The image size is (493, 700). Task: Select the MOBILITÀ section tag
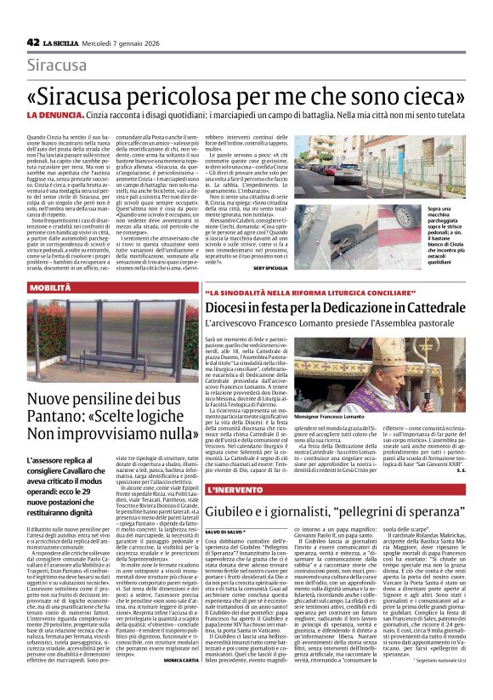click(51, 287)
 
